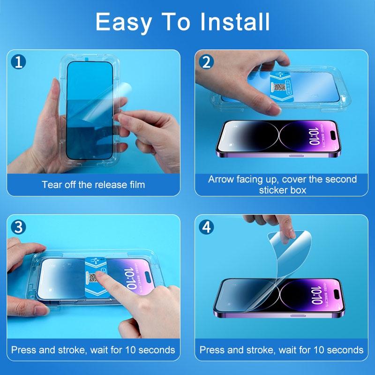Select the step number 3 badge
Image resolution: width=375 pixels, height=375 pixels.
tap(18, 227)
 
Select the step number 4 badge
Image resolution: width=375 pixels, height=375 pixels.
tap(206, 227)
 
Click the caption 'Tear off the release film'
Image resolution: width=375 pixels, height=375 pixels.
tap(93, 184)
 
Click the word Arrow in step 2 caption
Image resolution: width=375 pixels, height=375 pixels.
tap(223, 180)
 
